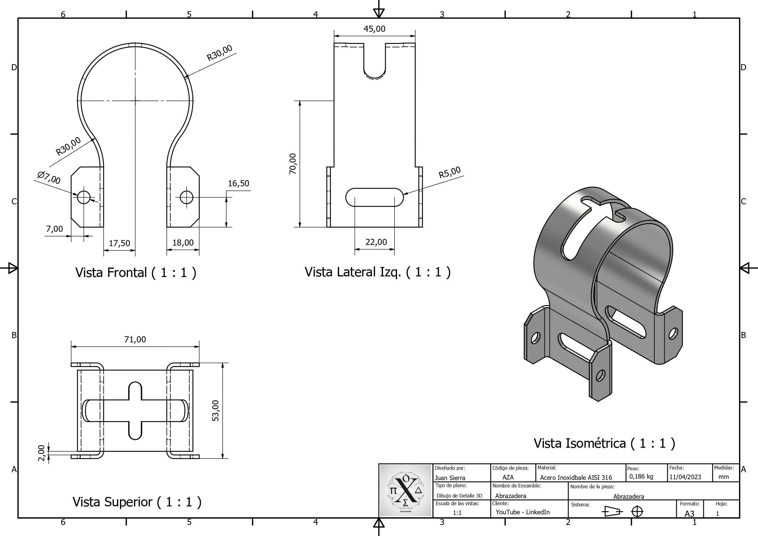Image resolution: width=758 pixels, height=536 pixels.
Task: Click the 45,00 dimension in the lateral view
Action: pos(374,29)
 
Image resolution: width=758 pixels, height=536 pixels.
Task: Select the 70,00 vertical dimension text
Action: pos(293,164)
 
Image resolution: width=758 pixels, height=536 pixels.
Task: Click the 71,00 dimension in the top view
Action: pos(135,339)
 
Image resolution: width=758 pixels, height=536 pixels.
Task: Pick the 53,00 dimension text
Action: pos(215,410)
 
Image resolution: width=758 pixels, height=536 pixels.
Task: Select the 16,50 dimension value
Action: pos(238,183)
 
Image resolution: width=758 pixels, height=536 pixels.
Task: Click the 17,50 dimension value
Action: pos(119,243)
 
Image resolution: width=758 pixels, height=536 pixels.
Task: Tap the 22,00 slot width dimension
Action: pos(376,242)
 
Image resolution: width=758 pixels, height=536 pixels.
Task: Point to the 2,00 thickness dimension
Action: pos(41,453)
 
